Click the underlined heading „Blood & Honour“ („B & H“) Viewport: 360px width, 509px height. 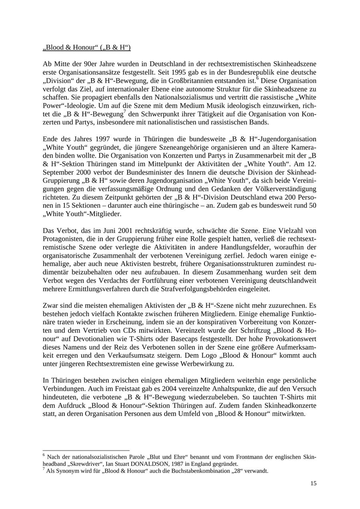(87, 48)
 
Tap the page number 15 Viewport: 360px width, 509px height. (313, 483)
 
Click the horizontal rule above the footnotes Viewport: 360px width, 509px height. (86, 451)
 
